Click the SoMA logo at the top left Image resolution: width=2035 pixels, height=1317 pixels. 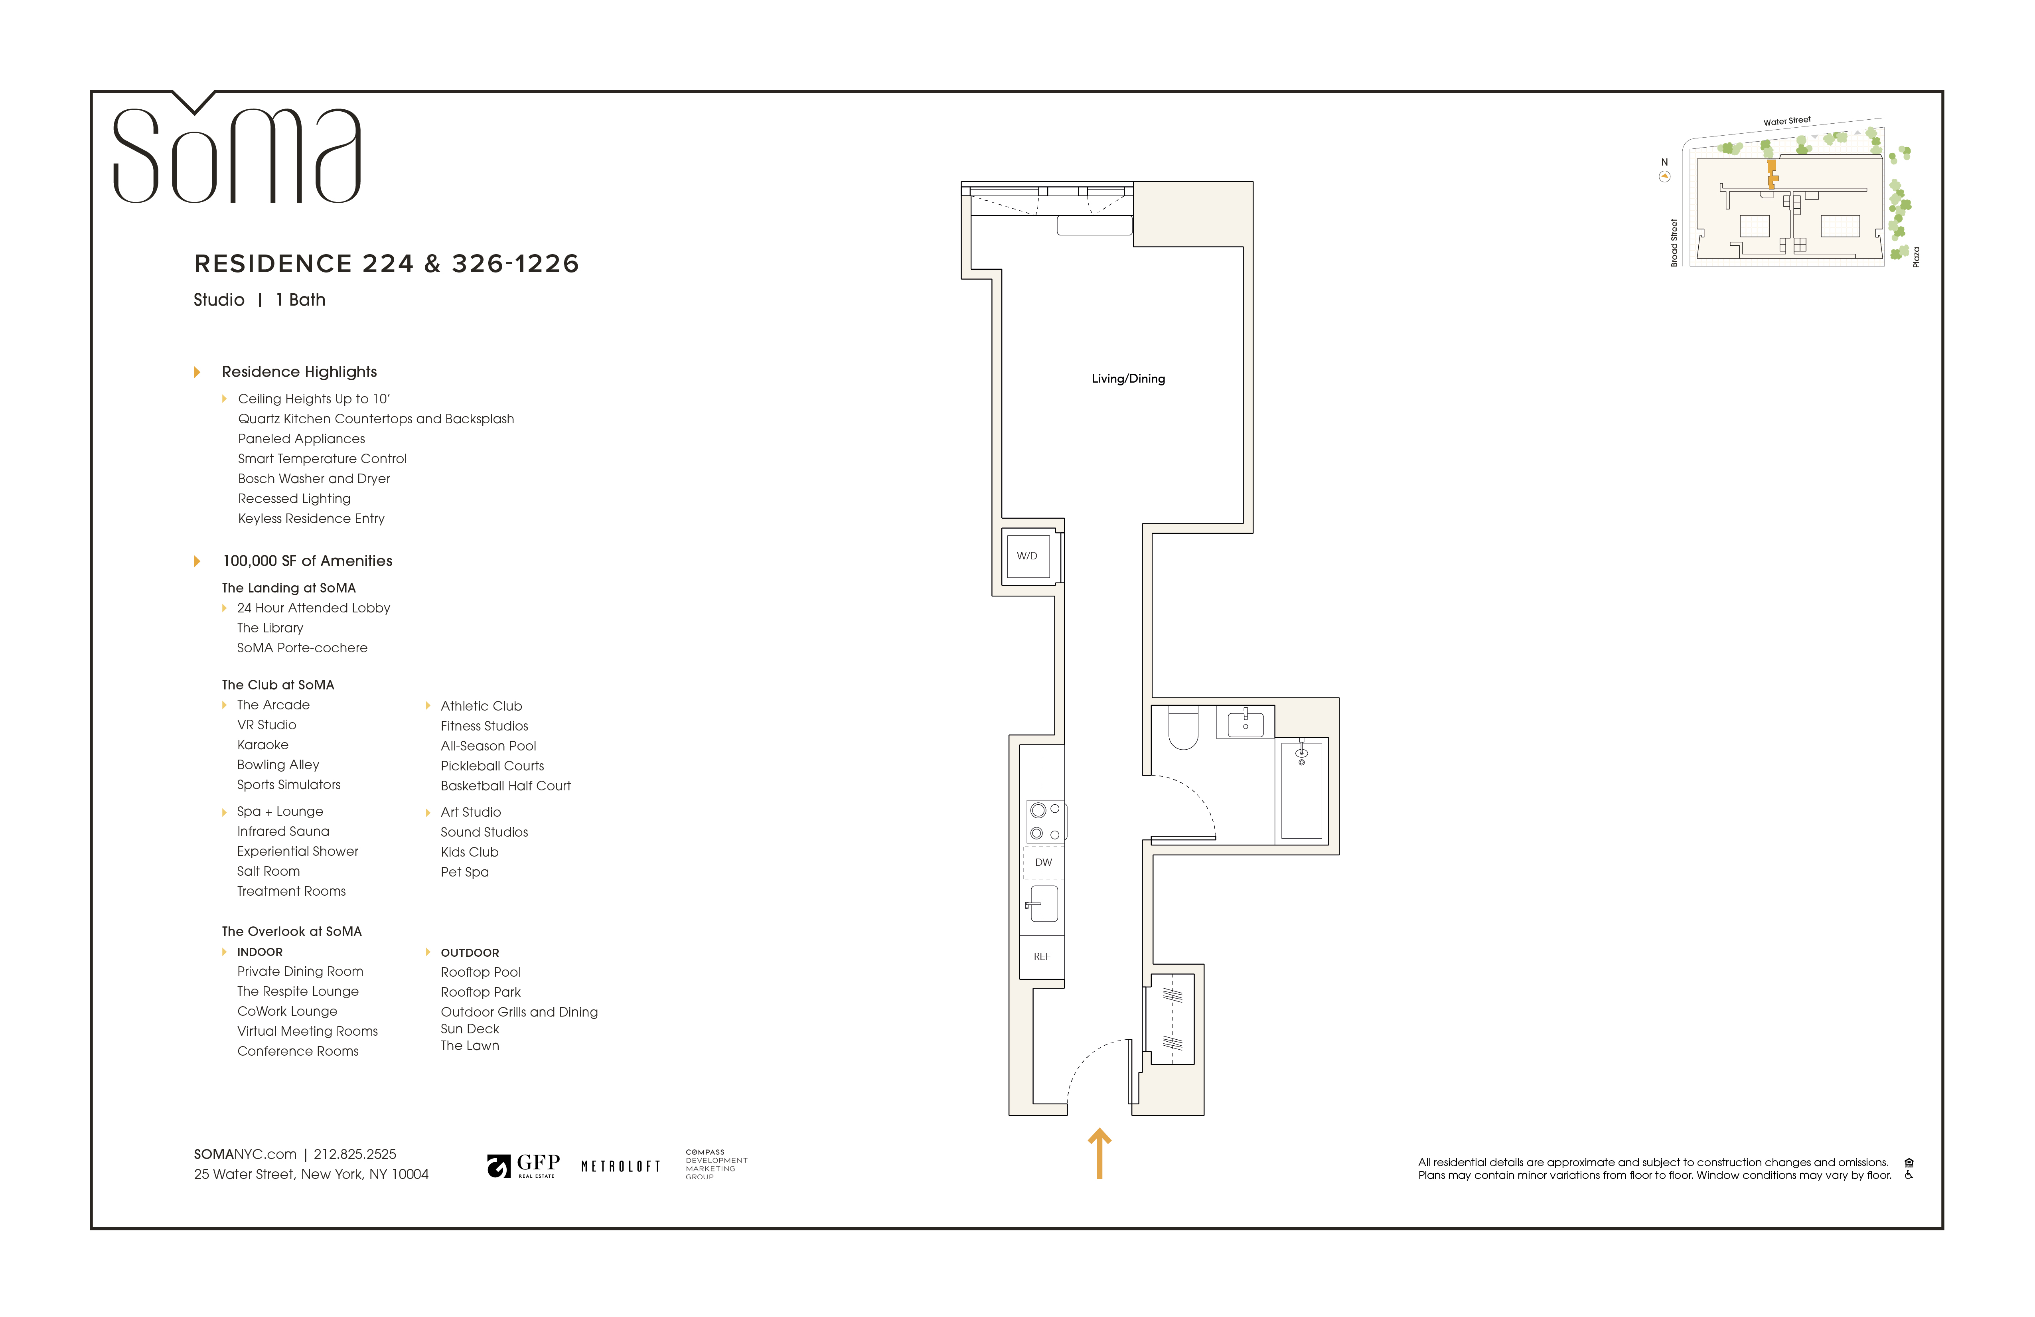tap(237, 154)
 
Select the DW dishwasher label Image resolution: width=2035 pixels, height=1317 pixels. tap(1043, 862)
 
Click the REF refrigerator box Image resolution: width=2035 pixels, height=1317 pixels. tap(1042, 956)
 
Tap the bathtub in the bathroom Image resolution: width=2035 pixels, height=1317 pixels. tap(1301, 791)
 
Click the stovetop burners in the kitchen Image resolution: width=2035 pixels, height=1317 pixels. tap(1045, 821)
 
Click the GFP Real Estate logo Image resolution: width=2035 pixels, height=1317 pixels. tap(523, 1165)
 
